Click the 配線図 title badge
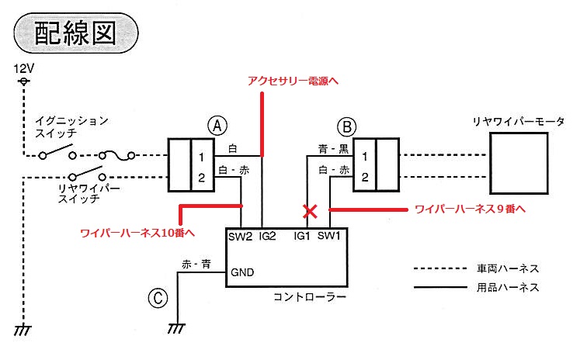coord(76,33)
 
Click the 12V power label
coord(24,68)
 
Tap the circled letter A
coord(217,126)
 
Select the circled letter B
coord(347,127)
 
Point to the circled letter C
coord(158,298)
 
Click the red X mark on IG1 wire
coord(310,212)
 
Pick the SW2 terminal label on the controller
coord(241,237)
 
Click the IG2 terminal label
coord(267,236)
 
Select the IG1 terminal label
coord(302,236)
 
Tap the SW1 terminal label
coord(329,236)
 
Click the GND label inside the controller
coord(242,272)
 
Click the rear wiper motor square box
coord(519,163)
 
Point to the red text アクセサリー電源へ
coord(293,81)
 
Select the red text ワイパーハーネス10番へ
coord(137,233)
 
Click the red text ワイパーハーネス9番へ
coord(471,209)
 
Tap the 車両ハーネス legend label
coord(508,268)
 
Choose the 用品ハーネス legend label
coord(508,287)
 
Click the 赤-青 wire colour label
coord(196,265)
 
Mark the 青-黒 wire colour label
coord(334,149)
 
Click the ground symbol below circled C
coord(176,328)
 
